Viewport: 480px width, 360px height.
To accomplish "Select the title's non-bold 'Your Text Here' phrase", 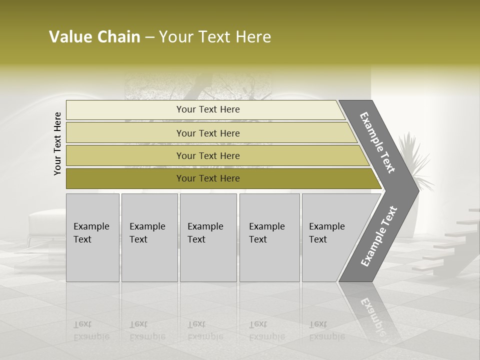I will point(215,37).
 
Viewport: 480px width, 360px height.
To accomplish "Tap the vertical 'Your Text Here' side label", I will point(57,143).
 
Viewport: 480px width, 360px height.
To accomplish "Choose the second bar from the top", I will point(208,133).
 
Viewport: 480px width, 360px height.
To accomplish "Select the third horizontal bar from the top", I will point(208,155).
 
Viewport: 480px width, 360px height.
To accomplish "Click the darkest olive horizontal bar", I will point(208,178).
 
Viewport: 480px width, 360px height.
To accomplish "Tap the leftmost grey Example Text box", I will point(92,237).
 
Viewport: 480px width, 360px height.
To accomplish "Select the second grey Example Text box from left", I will point(149,237).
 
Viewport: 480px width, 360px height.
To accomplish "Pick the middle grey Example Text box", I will point(208,237).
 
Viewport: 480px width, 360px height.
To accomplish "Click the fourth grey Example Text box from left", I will point(269,237).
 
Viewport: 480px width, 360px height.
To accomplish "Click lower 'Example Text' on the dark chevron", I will point(379,236).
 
